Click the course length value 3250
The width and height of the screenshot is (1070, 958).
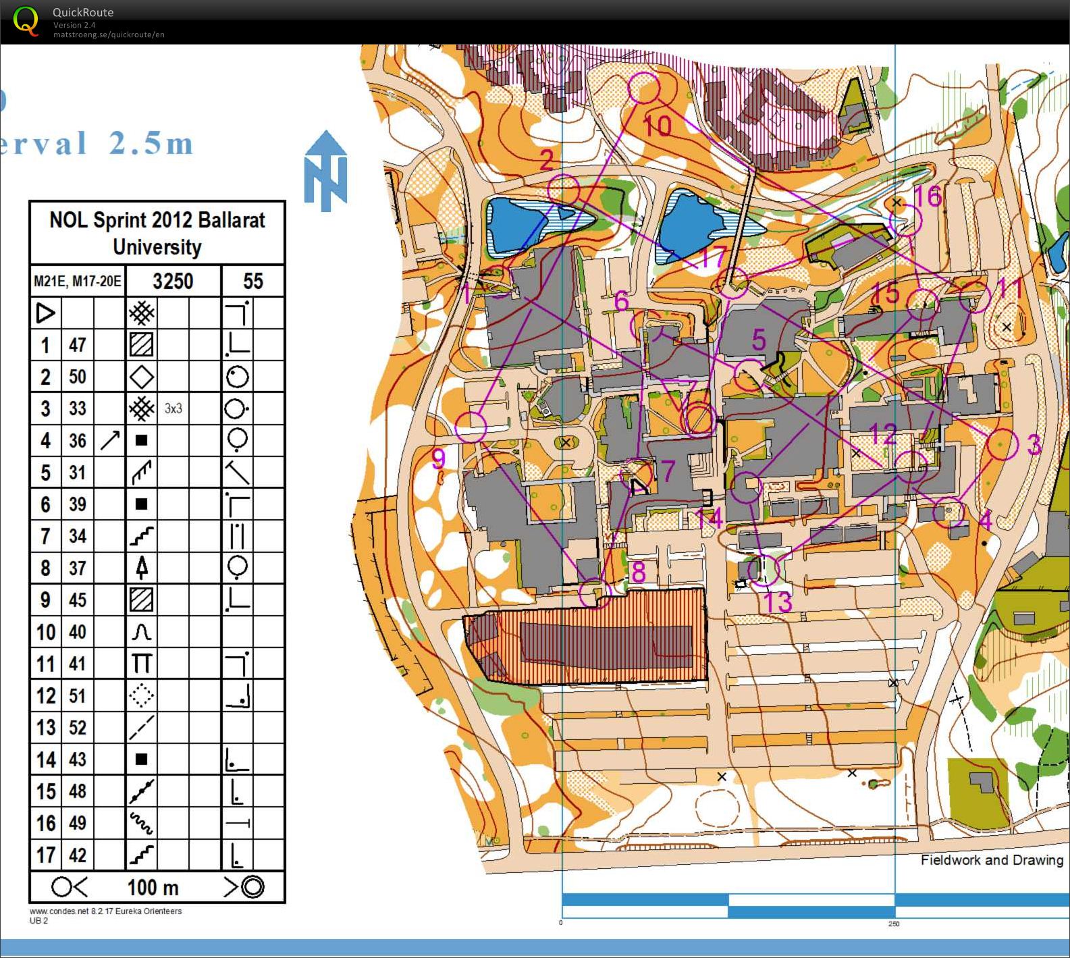173,281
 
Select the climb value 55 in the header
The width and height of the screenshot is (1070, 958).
252,281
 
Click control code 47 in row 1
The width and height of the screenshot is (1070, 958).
78,345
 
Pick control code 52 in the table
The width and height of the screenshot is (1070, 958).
78,727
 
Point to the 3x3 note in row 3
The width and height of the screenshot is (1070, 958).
173,408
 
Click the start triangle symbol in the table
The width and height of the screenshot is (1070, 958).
45,313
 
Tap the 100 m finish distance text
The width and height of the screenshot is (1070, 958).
153,887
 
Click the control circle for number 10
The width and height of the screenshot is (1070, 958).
643,88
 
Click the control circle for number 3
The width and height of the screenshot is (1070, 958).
1002,445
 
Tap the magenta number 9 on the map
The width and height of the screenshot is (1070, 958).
439,459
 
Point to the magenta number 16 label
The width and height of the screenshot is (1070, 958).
927,196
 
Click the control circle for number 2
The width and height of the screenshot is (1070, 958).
563,190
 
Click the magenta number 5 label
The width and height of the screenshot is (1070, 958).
759,340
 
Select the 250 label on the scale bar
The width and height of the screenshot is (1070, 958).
893,924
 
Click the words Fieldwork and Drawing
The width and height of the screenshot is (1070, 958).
992,860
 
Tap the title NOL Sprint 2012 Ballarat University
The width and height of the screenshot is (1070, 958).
157,233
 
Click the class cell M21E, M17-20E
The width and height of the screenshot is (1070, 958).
78,281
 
